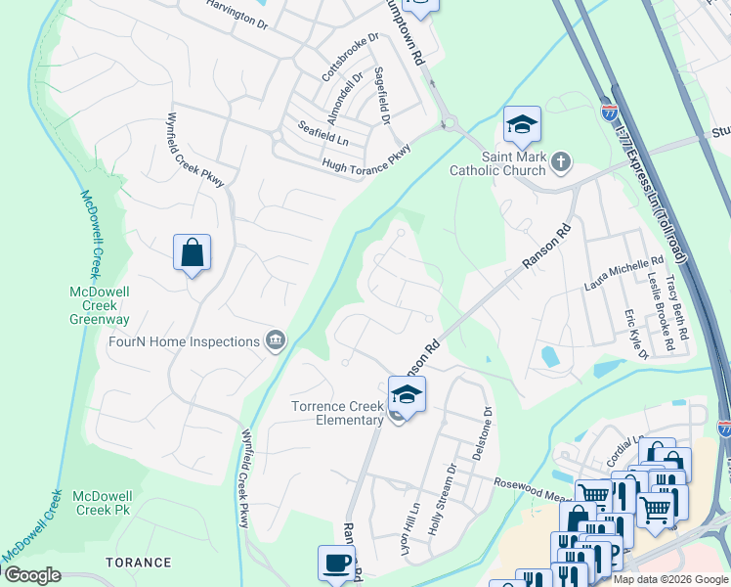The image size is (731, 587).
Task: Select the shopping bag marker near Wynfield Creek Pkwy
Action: pyautogui.click(x=193, y=253)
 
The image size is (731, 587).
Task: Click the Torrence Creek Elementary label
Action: pyautogui.click(x=335, y=413)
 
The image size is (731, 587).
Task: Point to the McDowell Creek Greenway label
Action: pyautogui.click(x=100, y=305)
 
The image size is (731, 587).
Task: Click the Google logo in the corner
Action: pyautogui.click(x=31, y=575)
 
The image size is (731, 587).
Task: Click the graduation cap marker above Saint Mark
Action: pyautogui.click(x=522, y=124)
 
